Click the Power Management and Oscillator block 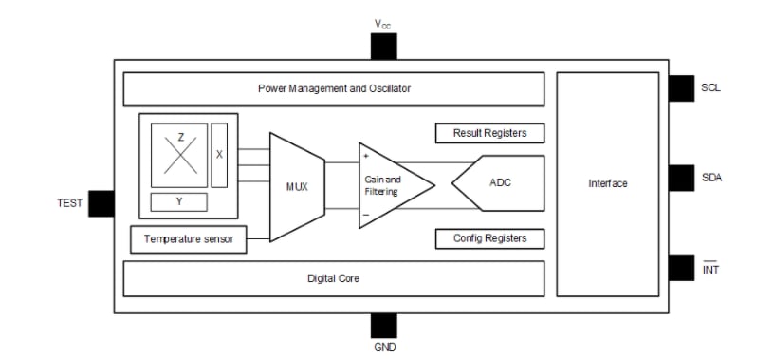pos(334,88)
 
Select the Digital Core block pos(334,278)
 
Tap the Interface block pos(607,183)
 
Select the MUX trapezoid pos(298,185)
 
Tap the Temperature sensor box pos(188,239)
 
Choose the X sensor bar pos(220,153)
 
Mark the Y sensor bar pos(180,201)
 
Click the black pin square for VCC pos(384,47)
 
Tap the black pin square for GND pos(384,325)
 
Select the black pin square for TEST pos(101,202)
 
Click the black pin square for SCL pos(681,87)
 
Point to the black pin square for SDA pos(681,178)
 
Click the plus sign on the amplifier pos(366,155)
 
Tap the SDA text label pos(711,178)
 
